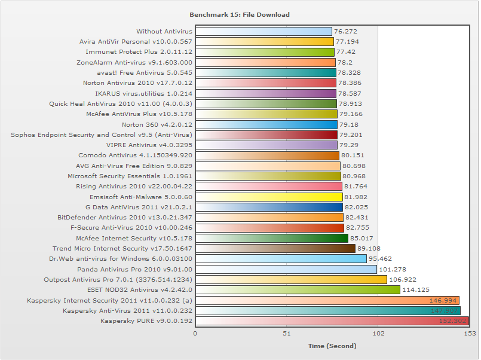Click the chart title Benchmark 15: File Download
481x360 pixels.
[239, 14]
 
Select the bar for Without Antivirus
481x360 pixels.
[264, 31]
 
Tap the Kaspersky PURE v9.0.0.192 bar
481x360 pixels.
[332, 321]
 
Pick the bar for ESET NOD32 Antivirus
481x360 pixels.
[298, 290]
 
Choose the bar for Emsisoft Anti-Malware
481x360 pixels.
[269, 197]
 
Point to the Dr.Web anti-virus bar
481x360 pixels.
[281, 259]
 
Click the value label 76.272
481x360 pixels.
[346, 31]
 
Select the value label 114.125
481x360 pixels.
[415, 290]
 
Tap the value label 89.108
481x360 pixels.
[369, 249]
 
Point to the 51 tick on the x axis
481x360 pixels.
[287, 334]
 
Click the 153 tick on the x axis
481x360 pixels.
[469, 334]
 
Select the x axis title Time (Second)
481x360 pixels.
[332, 346]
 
